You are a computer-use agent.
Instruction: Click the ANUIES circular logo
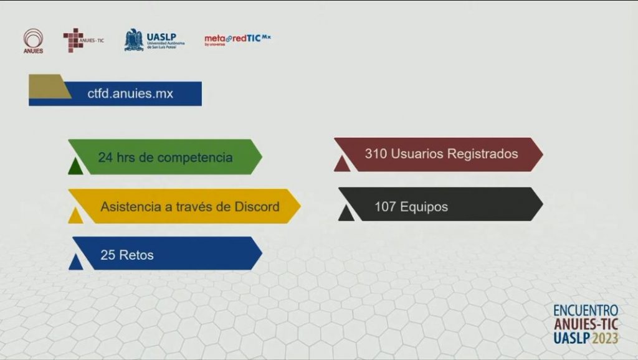point(33,40)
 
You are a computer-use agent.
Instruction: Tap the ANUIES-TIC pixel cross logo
point(83,40)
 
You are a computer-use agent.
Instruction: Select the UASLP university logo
point(155,40)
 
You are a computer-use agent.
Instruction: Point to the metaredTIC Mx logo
point(237,39)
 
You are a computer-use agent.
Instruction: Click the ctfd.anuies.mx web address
point(130,93)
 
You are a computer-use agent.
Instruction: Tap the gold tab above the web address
point(48,86)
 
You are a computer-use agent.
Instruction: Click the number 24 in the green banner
point(105,157)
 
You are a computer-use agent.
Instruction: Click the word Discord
point(257,207)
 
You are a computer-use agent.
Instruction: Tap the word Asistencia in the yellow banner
point(131,207)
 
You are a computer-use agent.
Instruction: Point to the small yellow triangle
point(75,215)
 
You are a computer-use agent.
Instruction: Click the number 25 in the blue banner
point(108,255)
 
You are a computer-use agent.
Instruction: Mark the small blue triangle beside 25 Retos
point(75,262)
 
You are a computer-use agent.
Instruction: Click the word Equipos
point(424,207)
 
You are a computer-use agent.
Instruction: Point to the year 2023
point(605,338)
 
